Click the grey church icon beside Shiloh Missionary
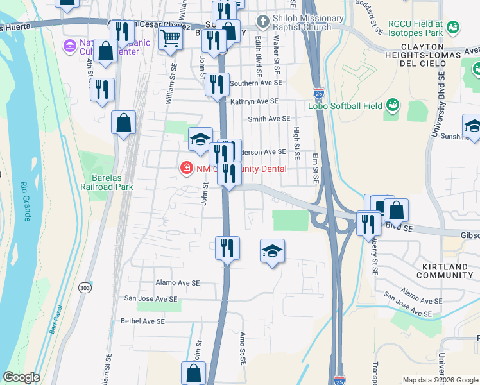point(262,22)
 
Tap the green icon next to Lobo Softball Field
point(391,105)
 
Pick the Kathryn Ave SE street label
point(255,101)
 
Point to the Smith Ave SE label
point(269,119)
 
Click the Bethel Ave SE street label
point(142,321)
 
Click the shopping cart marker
point(170,38)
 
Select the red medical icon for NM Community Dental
point(186,168)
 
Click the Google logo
point(22,377)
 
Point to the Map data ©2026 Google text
point(439,379)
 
